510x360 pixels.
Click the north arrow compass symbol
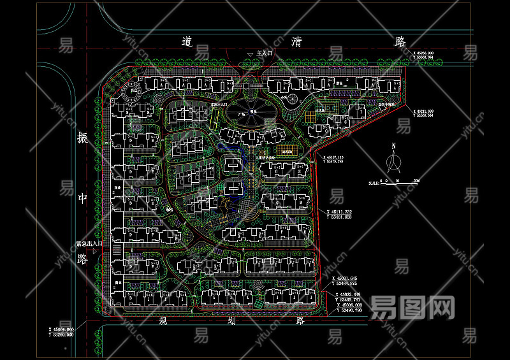point(394,163)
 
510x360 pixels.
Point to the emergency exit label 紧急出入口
point(89,243)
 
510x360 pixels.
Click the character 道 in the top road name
point(187,42)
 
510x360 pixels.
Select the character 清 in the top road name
point(296,42)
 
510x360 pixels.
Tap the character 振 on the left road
point(82,138)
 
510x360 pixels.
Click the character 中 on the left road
point(82,198)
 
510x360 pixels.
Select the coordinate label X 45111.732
point(347,212)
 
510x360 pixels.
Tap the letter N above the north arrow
point(394,147)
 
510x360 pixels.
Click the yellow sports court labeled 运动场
point(287,150)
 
